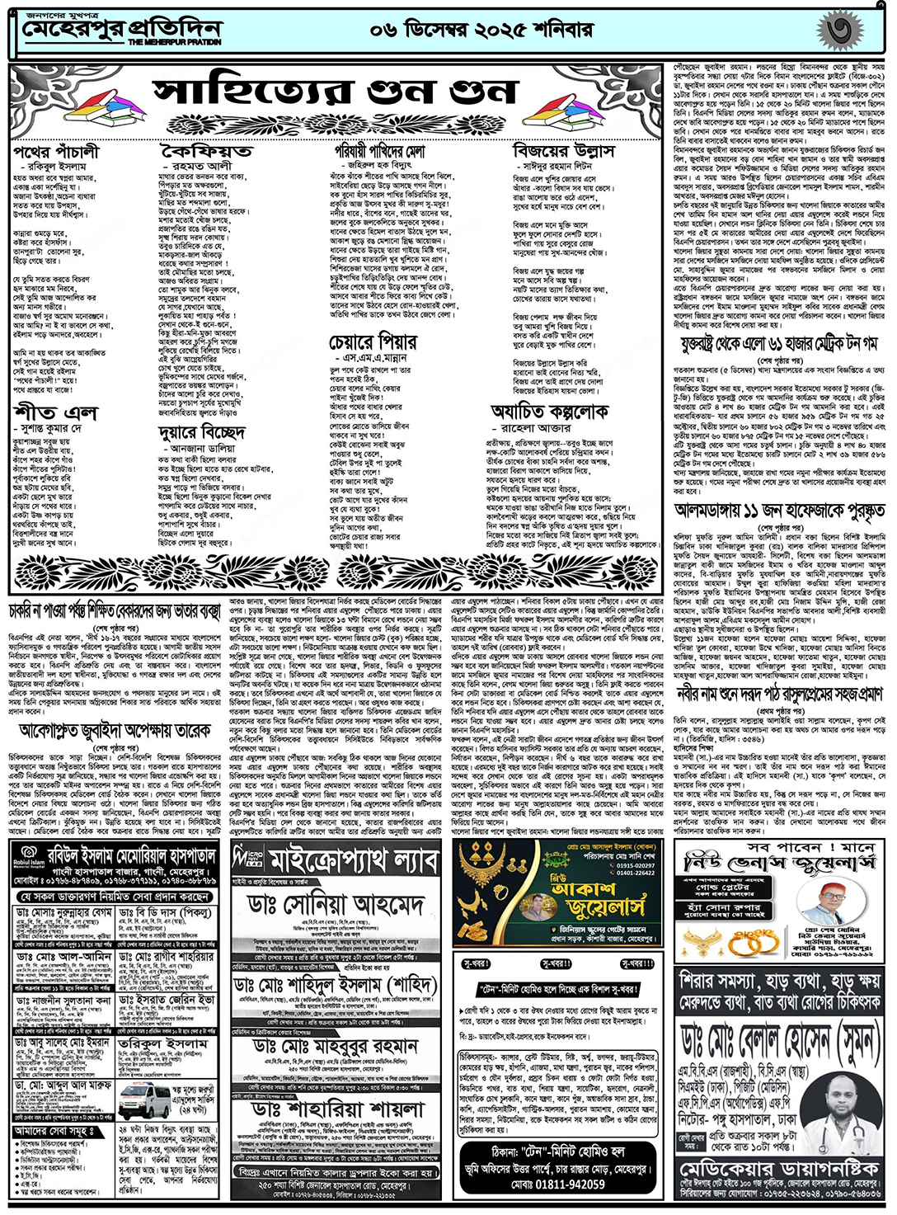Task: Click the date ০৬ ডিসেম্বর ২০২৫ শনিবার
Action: (481, 31)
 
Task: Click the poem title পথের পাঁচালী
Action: (55, 153)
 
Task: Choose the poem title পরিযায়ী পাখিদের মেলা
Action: (379, 153)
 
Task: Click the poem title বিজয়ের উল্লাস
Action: (563, 152)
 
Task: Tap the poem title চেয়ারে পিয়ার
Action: (373, 341)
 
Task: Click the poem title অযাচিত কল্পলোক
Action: (549, 412)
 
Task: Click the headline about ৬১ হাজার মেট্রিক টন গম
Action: (778, 344)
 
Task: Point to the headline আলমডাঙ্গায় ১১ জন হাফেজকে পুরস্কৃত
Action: (778, 511)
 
